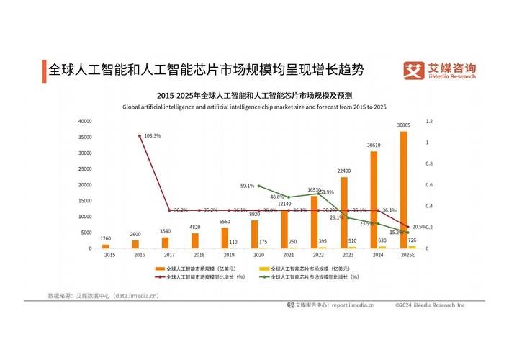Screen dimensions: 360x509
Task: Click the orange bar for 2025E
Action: pos(404,190)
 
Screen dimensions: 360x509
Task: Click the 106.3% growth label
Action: pos(153,136)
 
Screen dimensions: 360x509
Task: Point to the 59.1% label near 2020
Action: pos(247,186)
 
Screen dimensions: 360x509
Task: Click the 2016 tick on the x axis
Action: pos(140,255)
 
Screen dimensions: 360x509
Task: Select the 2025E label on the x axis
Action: pos(408,255)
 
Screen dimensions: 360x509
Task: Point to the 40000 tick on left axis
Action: pos(85,121)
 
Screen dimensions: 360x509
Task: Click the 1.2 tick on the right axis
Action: pos(428,121)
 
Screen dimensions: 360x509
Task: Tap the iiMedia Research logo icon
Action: pos(413,70)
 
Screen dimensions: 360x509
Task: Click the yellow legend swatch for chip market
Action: pos(264,268)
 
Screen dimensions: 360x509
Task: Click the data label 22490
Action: pos(344,171)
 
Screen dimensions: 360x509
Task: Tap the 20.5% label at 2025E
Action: pos(420,227)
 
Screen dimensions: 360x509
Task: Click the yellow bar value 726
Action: pos(412,240)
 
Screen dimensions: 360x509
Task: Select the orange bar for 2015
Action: pos(106,247)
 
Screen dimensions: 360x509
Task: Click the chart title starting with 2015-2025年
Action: pos(254,95)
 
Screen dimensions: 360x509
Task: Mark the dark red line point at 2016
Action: pos(140,136)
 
